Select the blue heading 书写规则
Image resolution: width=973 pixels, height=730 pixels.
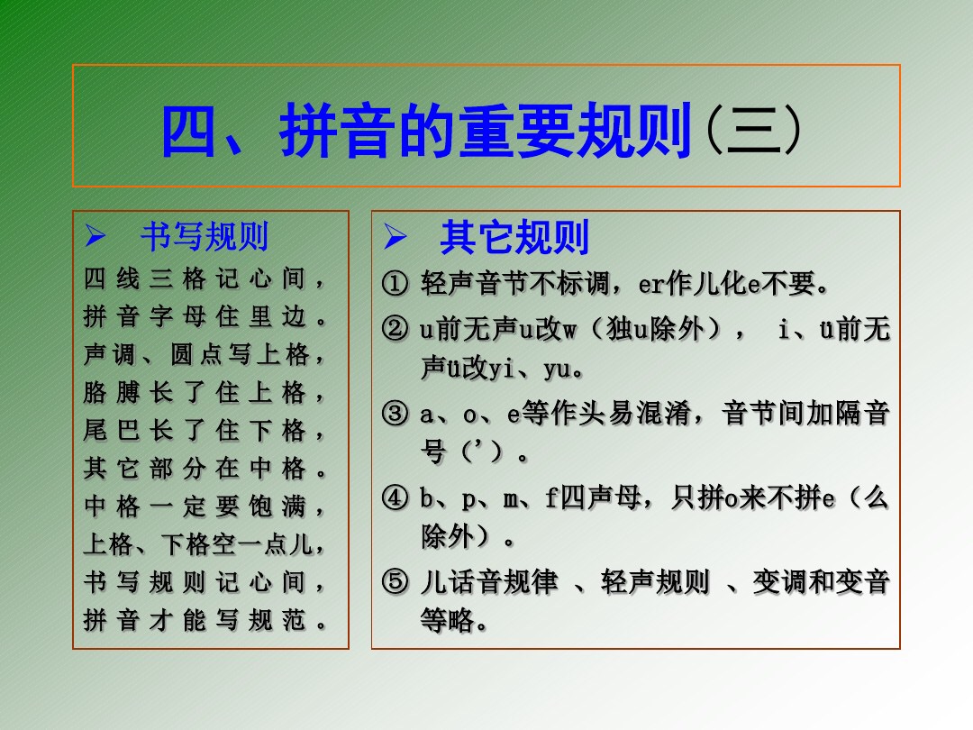pos(205,237)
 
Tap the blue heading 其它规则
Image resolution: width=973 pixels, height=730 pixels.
pos(514,238)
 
